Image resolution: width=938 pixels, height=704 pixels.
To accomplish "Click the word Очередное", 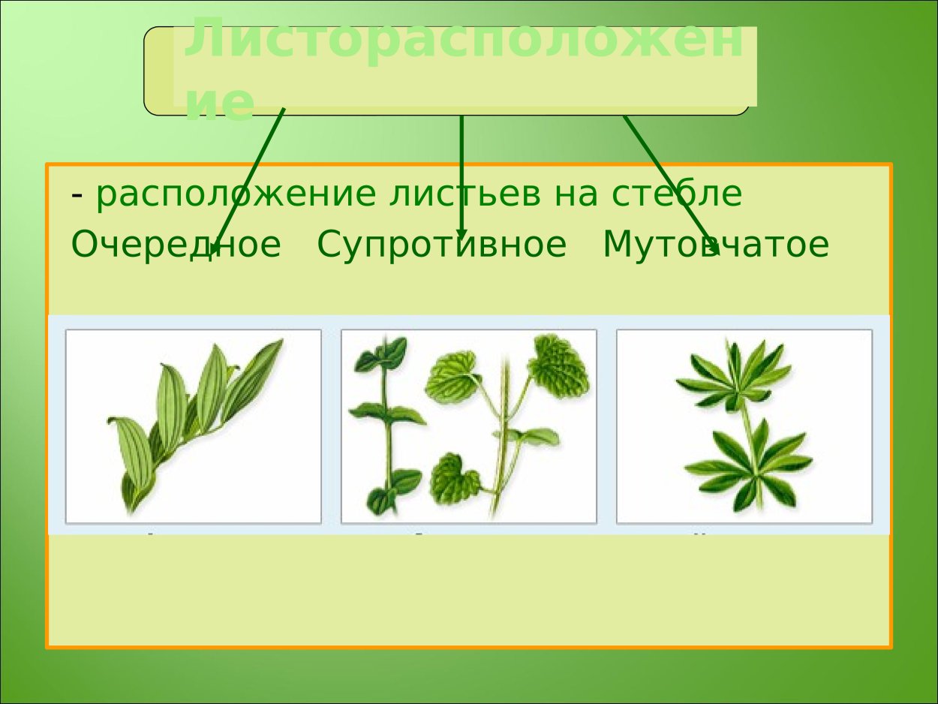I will [176, 245].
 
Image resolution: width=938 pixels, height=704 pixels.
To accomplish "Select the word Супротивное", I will [441, 245].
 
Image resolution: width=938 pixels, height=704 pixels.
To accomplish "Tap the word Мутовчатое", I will [715, 245].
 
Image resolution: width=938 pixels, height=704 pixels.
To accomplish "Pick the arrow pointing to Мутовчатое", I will [668, 180].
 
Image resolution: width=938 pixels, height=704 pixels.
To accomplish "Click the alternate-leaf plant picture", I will [194, 426].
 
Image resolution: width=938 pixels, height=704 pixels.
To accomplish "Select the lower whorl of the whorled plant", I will [750, 465].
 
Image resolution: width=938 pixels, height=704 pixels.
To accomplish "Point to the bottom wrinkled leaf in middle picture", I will [455, 478].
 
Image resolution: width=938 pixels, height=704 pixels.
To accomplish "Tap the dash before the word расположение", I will [77, 195].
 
